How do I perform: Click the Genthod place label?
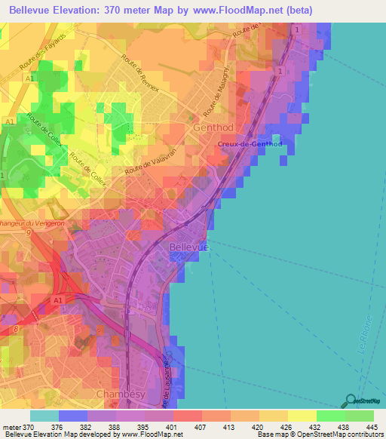(217, 128)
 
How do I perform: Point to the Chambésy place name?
(118, 394)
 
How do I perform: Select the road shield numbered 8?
(15, 329)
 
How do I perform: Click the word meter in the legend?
(12, 428)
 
